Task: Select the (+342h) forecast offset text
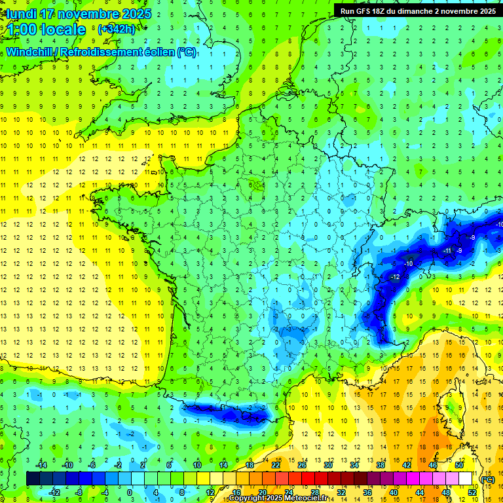[x=116, y=29]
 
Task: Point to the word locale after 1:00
[x=63, y=29]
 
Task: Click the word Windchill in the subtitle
[x=31, y=52]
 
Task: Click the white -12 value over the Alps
[x=395, y=278]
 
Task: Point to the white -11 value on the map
[x=447, y=251]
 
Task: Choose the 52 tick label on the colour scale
[x=472, y=493]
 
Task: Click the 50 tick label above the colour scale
[x=460, y=465]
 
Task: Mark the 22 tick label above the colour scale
[x=276, y=465]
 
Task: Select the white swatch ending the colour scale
[x=466, y=479]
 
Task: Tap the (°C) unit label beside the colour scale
[x=488, y=479]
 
